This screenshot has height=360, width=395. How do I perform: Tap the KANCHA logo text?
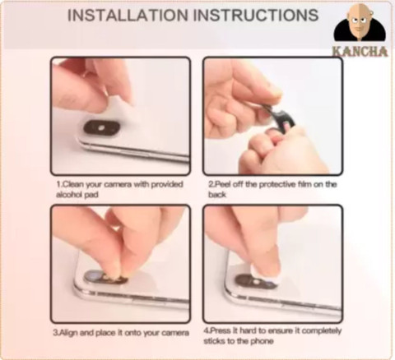click(x=360, y=50)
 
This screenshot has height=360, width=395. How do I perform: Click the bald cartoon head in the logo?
click(x=359, y=21)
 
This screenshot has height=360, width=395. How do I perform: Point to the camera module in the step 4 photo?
click(x=255, y=280)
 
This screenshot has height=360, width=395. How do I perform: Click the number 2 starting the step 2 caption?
click(x=210, y=186)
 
